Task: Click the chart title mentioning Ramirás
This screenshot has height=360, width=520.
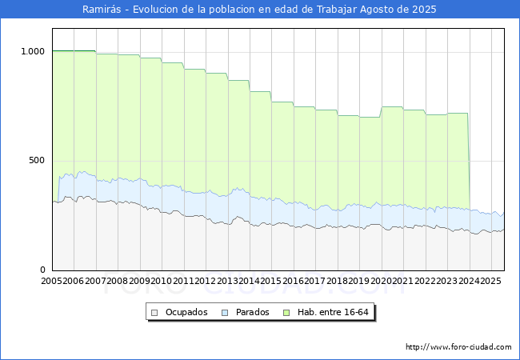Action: click(259, 10)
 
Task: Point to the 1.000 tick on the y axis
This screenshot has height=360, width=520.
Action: click(33, 51)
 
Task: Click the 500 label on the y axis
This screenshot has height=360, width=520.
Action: click(37, 161)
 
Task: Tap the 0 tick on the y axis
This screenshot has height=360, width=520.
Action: click(42, 270)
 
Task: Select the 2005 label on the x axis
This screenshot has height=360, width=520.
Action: click(51, 281)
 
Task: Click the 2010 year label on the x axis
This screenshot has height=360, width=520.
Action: click(161, 281)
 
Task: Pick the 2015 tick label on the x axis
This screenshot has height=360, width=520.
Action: click(271, 281)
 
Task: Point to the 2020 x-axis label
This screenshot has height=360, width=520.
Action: click(381, 281)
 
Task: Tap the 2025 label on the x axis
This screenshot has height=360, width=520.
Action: click(490, 281)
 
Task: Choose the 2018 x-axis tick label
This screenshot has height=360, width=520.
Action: click(337, 281)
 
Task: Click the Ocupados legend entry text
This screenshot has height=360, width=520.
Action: click(186, 312)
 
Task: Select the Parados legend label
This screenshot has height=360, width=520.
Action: click(252, 312)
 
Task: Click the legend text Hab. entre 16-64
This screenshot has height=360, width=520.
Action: click(333, 312)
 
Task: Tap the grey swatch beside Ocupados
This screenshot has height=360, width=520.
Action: click(154, 313)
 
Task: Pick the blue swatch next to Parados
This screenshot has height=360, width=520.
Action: click(225, 313)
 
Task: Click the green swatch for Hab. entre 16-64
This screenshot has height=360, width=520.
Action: click(286, 313)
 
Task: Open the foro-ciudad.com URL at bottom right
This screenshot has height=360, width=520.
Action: click(458, 347)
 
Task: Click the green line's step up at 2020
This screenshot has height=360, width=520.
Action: click(381, 112)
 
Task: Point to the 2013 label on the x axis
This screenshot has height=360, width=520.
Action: click(227, 281)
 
